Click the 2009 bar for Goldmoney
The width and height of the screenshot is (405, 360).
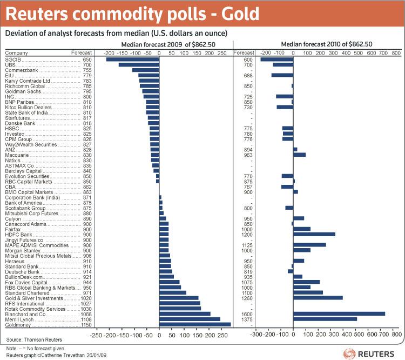[195, 324]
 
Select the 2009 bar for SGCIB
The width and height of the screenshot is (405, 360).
[132, 59]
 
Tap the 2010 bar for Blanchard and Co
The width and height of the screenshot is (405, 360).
[339, 314]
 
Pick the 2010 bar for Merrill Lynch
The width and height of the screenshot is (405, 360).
[325, 319]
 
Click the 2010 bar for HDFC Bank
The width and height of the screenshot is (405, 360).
[314, 234]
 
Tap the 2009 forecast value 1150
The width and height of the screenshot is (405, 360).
[86, 324]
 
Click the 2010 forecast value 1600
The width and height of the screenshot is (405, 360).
[246, 314]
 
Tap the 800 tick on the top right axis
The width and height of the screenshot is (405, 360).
[396, 53]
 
